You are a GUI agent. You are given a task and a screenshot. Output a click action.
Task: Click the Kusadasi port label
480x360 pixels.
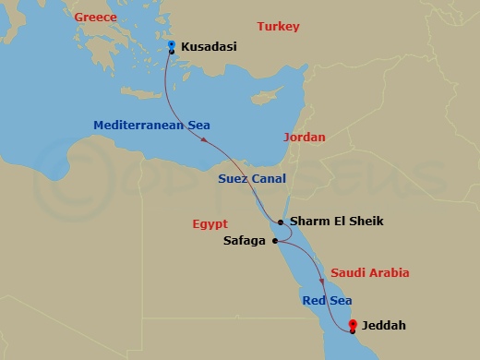pyautogui.click(x=210, y=45)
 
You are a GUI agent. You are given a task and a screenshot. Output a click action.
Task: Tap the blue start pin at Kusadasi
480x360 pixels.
pyautogui.click(x=172, y=44)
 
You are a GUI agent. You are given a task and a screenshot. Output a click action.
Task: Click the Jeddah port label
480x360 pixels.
pyautogui.click(x=383, y=326)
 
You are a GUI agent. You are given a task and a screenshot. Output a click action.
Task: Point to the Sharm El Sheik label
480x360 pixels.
pyautogui.click(x=336, y=222)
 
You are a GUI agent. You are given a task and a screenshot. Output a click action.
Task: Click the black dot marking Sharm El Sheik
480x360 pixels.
pyautogui.click(x=281, y=222)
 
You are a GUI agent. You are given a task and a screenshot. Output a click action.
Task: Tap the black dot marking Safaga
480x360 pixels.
pyautogui.click(x=275, y=241)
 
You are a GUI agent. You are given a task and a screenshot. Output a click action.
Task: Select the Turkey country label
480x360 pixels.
pyautogui.click(x=278, y=27)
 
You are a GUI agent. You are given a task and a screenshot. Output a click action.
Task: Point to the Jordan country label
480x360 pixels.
pyautogui.click(x=306, y=137)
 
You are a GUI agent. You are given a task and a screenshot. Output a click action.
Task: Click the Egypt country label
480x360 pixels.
pyautogui.click(x=210, y=223)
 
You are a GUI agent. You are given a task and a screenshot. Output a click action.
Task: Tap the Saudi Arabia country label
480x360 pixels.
pyautogui.click(x=369, y=273)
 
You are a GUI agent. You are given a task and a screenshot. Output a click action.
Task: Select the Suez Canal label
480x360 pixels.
pyautogui.click(x=252, y=178)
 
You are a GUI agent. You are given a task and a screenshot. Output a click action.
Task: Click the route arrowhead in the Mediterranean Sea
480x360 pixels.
pyautogui.click(x=203, y=138)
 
